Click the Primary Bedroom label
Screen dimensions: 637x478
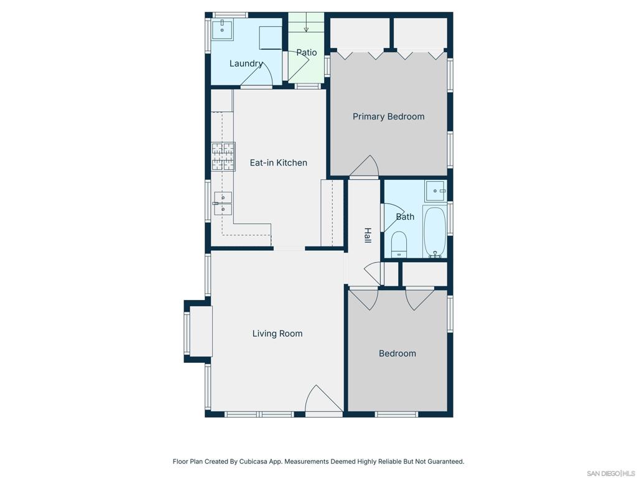(388, 116)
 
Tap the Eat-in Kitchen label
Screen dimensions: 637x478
(278, 162)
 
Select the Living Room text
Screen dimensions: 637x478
(277, 334)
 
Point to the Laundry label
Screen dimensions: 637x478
(246, 63)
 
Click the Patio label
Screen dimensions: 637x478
(306, 52)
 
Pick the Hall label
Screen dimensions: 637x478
(367, 235)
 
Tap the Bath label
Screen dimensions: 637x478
(405, 217)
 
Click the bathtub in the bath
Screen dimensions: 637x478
(435, 232)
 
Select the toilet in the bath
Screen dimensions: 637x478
(399, 245)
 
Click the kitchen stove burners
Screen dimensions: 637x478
(223, 156)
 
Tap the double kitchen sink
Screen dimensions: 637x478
(223, 204)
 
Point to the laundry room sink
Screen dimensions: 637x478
(222, 29)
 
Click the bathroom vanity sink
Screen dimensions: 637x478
(435, 191)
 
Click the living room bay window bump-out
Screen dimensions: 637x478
(198, 331)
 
